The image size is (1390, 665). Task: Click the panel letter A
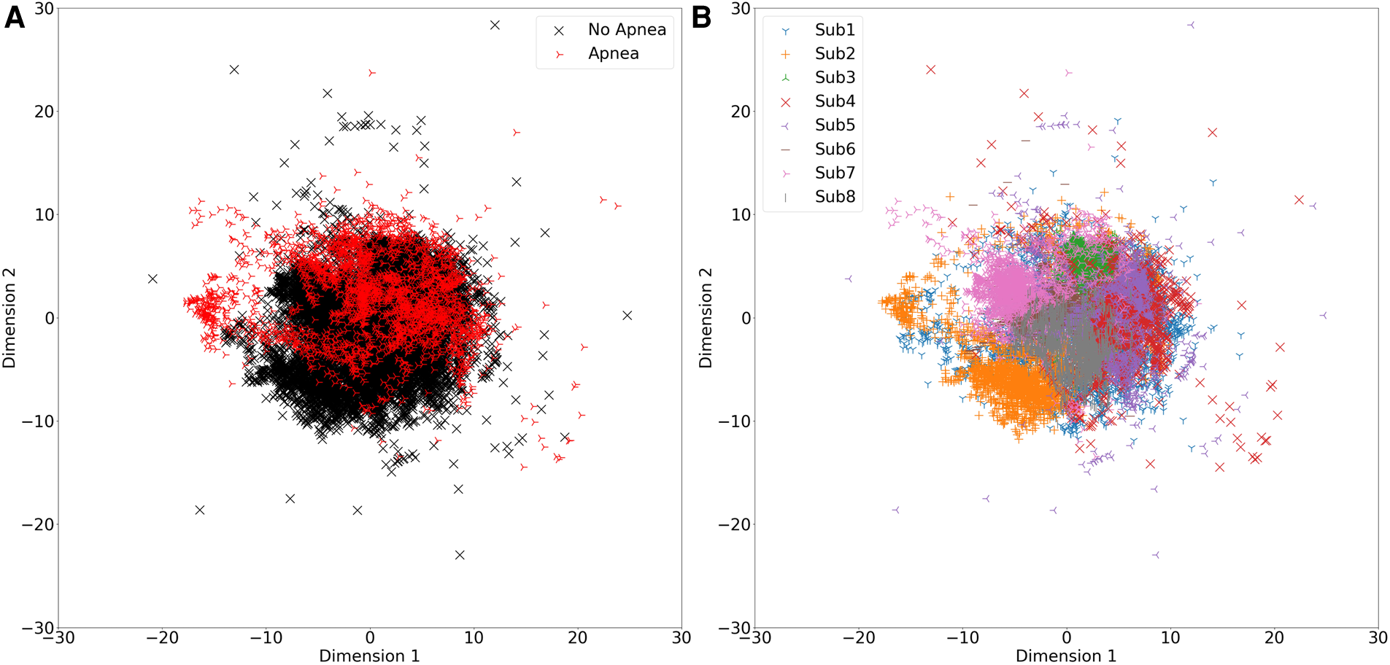[x=15, y=17]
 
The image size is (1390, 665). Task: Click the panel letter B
[x=701, y=17]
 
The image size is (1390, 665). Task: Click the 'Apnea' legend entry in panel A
[x=613, y=54]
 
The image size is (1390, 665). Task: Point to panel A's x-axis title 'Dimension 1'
[x=369, y=656]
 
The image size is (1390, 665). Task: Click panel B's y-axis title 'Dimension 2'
[x=705, y=317]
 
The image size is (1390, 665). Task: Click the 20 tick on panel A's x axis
[x=577, y=638]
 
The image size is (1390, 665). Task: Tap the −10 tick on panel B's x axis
[x=962, y=638]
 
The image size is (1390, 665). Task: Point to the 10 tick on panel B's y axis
[x=740, y=214]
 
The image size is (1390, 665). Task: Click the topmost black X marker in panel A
[x=495, y=25]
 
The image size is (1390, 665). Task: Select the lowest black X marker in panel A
[x=460, y=555]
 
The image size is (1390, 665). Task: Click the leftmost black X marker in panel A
[x=152, y=279]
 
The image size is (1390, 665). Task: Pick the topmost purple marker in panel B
[x=1191, y=25]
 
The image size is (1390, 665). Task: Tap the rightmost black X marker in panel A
[x=628, y=315]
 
